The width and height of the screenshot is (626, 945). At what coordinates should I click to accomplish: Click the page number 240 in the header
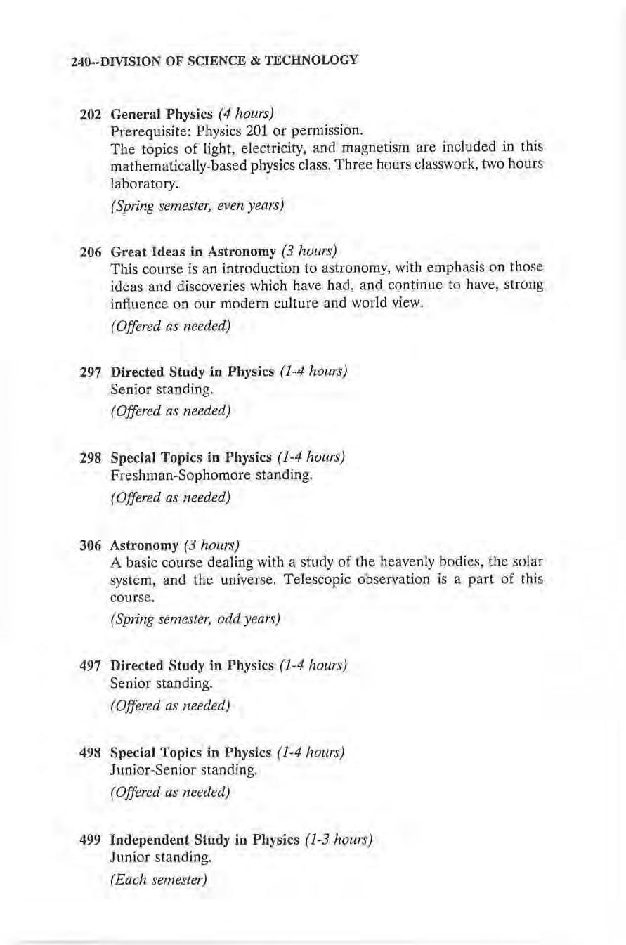(x=79, y=61)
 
